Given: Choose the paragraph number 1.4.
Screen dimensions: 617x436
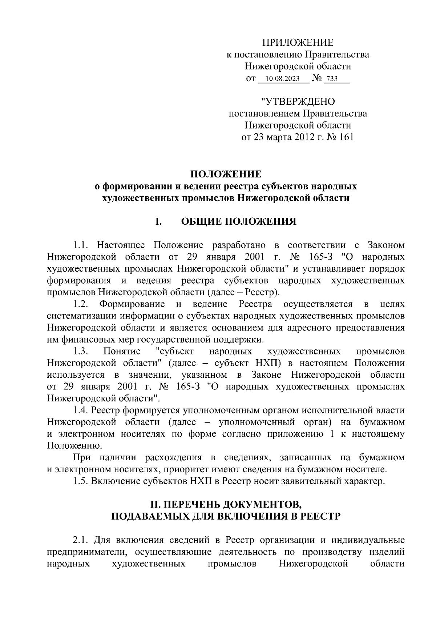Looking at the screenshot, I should (x=81, y=410).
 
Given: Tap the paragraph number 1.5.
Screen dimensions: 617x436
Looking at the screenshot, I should (x=81, y=481).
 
